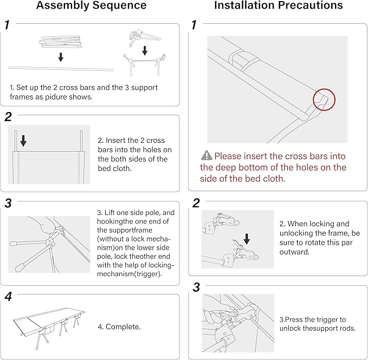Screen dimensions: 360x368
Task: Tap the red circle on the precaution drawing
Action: (324, 100)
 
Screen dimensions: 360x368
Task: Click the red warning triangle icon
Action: (206, 156)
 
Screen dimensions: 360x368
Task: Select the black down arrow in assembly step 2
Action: (23, 140)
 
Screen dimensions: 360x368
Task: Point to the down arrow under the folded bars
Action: (61, 57)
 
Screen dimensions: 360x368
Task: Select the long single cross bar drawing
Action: (61, 69)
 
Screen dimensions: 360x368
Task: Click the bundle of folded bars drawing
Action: (60, 43)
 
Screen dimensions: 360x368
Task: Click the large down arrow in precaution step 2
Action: (247, 238)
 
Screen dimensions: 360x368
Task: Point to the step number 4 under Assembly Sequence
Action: (8, 297)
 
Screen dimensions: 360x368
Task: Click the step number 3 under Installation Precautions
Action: (196, 286)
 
